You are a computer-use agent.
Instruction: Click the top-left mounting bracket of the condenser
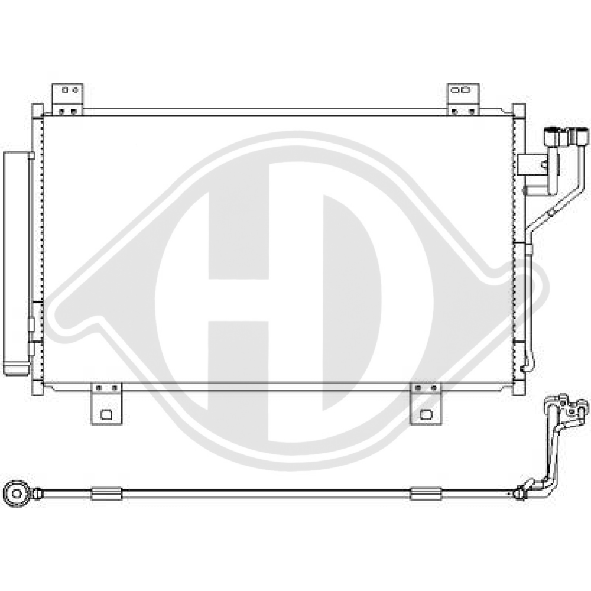point(67,98)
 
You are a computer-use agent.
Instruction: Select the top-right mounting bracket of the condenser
point(463,98)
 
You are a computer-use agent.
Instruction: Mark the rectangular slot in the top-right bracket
point(462,90)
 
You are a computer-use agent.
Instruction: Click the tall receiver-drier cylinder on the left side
point(16,260)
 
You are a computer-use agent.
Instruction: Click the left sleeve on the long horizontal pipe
point(106,493)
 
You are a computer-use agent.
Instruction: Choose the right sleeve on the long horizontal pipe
point(426,493)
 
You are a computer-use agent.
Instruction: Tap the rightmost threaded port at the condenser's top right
point(579,135)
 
